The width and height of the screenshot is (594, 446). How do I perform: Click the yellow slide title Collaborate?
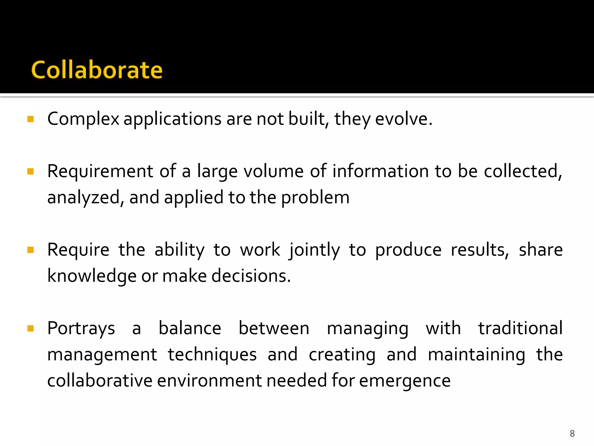97,70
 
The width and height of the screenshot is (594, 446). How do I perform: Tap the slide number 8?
572,434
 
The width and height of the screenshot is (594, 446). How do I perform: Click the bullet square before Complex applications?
30,119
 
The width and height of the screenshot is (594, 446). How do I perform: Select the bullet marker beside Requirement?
30,171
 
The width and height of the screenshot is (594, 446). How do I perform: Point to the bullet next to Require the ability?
30,250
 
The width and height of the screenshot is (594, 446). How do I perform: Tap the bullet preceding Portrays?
30,328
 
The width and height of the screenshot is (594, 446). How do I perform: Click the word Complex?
83,119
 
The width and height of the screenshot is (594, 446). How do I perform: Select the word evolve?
403,119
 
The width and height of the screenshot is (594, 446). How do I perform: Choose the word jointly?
314,250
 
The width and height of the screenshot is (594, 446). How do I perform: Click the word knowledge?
92,276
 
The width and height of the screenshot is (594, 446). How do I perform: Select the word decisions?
251,276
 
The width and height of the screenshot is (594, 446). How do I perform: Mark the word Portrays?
81,329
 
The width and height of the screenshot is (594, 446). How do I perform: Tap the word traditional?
520,328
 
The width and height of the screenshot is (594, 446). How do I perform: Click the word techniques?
212,355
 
